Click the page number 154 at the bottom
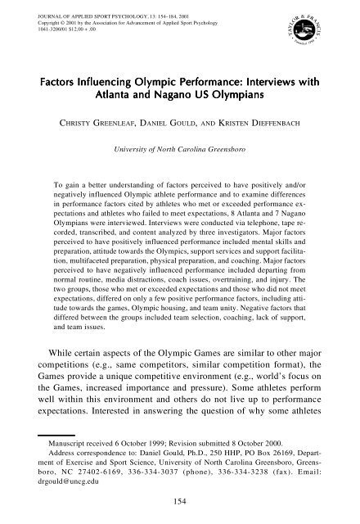179,501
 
